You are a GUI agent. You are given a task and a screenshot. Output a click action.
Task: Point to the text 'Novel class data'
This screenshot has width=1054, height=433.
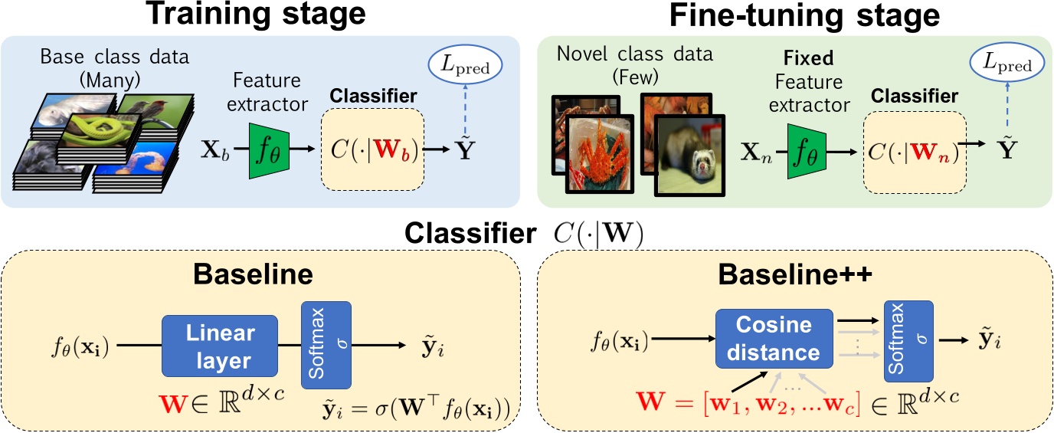635,54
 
